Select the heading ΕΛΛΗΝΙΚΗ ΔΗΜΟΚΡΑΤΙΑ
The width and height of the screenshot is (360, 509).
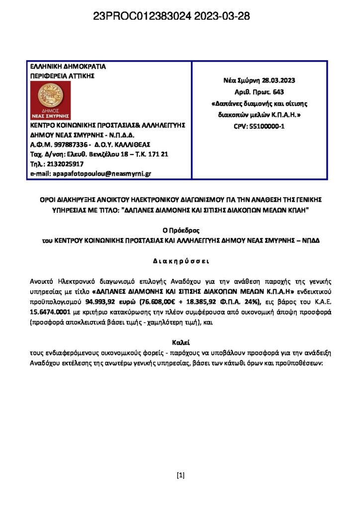[68, 67]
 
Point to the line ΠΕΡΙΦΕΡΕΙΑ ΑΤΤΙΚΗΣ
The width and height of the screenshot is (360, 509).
[62, 76]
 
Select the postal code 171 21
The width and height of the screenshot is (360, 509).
[159, 154]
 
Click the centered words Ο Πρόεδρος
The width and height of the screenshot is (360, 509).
[180, 230]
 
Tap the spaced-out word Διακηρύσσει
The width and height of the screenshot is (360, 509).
[180, 260]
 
